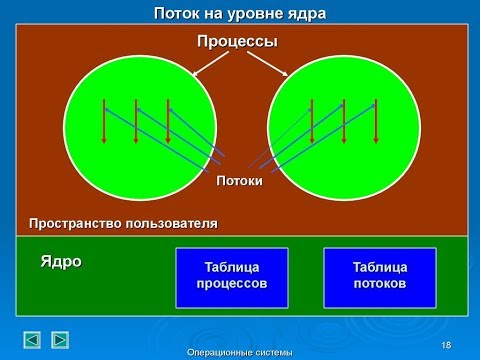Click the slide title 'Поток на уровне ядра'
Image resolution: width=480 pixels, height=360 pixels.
[240, 14]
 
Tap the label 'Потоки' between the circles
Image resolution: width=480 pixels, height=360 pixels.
[240, 181]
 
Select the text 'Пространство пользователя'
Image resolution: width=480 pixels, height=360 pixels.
[124, 222]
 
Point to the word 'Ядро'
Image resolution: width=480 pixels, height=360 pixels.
[61, 262]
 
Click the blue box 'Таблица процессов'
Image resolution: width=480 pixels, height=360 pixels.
[231, 275]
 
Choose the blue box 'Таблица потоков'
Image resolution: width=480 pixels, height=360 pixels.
[379, 275]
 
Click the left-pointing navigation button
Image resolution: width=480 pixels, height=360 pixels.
[33, 339]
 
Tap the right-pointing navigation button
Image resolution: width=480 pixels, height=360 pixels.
[60, 339]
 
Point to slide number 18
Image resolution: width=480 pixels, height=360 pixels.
[446, 345]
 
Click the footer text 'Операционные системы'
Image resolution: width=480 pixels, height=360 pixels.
[240, 352]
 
